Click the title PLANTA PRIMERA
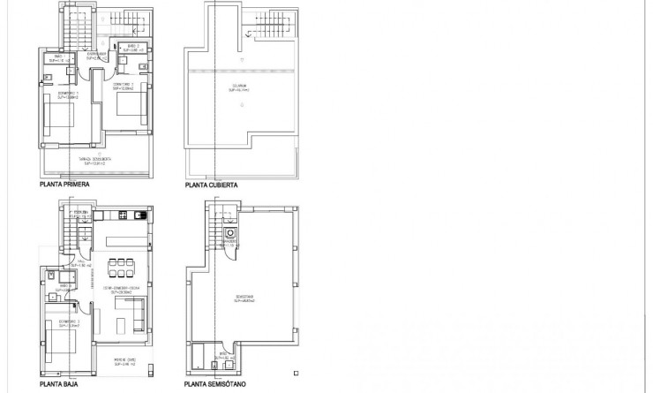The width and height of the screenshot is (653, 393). tap(64, 186)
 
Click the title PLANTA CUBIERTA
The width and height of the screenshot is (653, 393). tap(213, 186)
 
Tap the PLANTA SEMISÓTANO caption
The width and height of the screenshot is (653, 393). tap(217, 385)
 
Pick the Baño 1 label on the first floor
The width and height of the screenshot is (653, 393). tap(57, 59)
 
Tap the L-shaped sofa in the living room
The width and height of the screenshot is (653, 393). tap(131, 309)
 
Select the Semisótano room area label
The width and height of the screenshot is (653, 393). tap(244, 299)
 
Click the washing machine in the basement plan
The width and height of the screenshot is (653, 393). tap(230, 234)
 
